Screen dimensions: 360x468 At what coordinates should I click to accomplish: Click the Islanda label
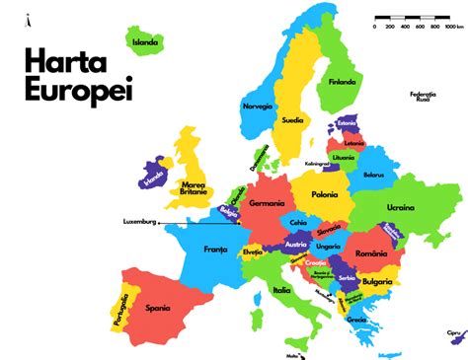[x=146, y=41]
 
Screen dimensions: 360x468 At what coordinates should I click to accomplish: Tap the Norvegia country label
[x=257, y=106]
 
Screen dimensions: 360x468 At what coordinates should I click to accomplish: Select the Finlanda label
[x=343, y=82]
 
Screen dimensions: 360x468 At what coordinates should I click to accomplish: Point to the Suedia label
[x=292, y=121]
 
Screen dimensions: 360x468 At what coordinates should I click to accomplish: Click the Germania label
[x=267, y=203]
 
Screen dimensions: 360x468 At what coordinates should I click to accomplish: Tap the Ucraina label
[x=400, y=207]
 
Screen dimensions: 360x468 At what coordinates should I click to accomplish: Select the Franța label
[x=215, y=250]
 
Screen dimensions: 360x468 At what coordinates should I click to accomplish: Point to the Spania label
[x=158, y=307]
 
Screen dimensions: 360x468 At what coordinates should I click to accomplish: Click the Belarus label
[x=372, y=175]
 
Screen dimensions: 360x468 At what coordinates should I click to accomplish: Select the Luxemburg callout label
[x=139, y=221]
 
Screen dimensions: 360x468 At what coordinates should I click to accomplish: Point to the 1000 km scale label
[x=453, y=27]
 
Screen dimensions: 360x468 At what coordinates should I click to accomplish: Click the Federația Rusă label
[x=424, y=97]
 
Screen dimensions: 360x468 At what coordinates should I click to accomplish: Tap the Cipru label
[x=454, y=332]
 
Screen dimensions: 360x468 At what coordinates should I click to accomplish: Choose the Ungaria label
[x=329, y=246]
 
